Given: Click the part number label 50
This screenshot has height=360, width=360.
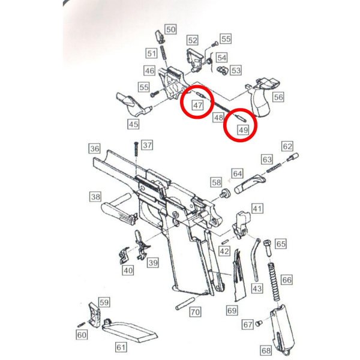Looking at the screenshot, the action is [x=170, y=29].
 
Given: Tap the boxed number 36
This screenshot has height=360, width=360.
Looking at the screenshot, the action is [x=95, y=149].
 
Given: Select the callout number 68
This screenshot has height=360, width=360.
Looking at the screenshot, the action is [x=266, y=350].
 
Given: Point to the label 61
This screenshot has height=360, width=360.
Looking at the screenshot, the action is [x=121, y=347].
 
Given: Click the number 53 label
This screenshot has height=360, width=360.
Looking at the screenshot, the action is [x=236, y=70].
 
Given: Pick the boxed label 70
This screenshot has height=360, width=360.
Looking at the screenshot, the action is [x=195, y=312].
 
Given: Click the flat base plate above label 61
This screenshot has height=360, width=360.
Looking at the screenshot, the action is [x=129, y=330].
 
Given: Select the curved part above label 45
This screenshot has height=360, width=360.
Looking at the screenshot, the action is [x=133, y=104].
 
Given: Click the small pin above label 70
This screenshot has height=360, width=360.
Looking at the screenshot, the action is [x=185, y=303].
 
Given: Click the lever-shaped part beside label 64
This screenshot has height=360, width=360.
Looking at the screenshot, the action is [x=250, y=184].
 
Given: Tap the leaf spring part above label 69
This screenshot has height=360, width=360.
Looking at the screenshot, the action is [x=239, y=275].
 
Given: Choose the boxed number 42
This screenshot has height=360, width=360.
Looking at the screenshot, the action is [x=224, y=251].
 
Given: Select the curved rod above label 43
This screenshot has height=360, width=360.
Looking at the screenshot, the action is [x=256, y=259].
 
